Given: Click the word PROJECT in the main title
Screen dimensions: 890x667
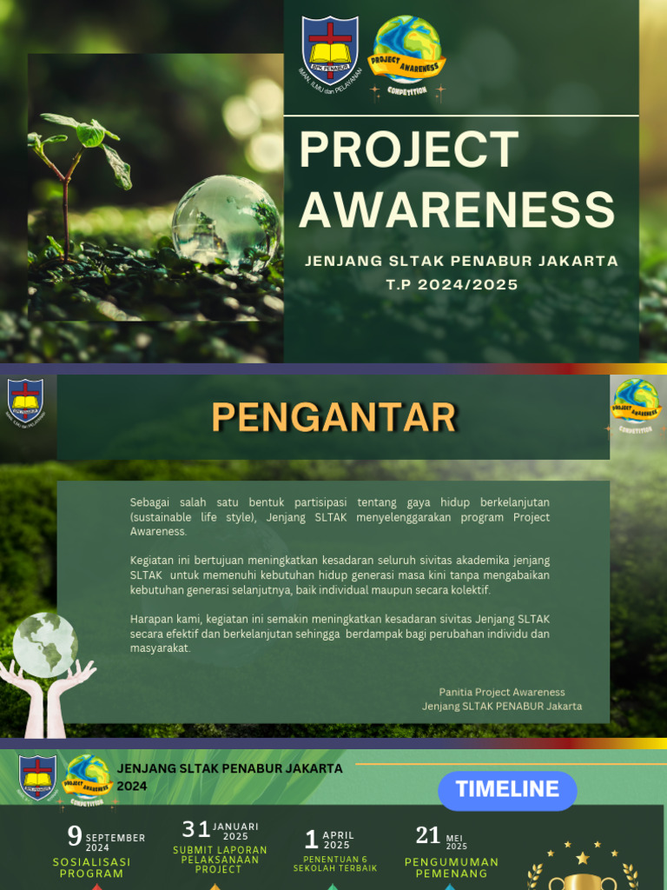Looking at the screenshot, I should [409, 149].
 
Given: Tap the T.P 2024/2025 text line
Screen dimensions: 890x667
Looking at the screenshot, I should [452, 284].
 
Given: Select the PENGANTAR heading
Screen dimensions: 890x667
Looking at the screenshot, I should [333, 417].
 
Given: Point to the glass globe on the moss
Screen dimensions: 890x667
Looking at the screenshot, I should [225, 221].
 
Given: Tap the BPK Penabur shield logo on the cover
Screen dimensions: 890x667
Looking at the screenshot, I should [330, 49].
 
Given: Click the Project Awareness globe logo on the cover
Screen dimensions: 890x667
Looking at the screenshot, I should [406, 54].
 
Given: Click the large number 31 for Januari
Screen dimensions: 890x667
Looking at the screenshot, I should [195, 829].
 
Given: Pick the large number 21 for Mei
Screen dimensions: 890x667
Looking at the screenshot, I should [428, 835].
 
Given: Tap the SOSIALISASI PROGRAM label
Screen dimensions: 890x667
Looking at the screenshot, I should [92, 867].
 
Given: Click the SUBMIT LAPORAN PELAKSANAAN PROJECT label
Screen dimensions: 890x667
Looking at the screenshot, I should [220, 860].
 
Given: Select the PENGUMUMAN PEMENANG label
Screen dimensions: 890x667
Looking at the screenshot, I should [452, 867].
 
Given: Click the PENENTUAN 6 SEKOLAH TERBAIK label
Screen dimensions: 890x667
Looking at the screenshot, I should [335, 864].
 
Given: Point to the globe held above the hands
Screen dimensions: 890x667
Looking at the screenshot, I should [45, 644].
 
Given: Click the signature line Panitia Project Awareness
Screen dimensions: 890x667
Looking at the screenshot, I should [502, 692].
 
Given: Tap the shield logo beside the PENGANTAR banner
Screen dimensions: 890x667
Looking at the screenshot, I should [25, 400].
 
